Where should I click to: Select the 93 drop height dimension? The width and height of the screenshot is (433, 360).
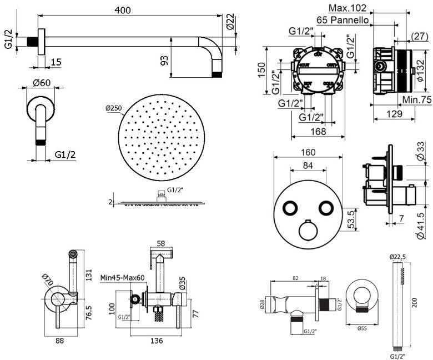point(164,59)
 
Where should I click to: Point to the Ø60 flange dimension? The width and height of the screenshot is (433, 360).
point(42,83)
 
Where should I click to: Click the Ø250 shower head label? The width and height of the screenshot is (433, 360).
point(113,108)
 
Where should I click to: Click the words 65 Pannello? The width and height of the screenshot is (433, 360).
point(343,19)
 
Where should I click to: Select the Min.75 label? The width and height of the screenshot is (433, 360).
point(417,99)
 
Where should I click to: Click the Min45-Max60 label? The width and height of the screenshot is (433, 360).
point(123,277)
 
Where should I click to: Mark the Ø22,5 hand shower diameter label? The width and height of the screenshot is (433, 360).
point(399,257)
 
